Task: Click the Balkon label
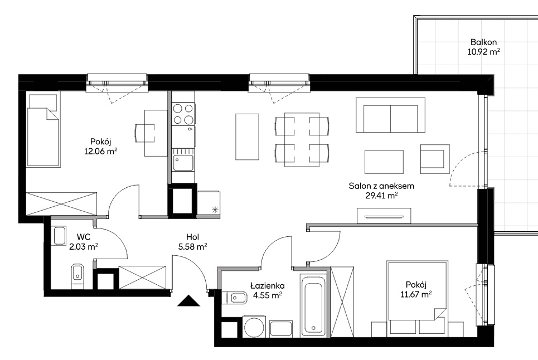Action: pyautogui.click(x=483, y=42)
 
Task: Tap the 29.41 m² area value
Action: pyautogui.click(x=382, y=196)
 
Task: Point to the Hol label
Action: pyautogui.click(x=193, y=237)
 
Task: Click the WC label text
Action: pyautogui.click(x=84, y=237)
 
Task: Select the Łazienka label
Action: pyautogui.click(x=267, y=285)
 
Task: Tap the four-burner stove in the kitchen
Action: pyautogui.click(x=183, y=114)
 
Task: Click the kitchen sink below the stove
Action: pyautogui.click(x=183, y=162)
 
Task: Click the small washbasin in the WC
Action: pyautogui.click(x=59, y=236)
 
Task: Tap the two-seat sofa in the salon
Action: pyautogui.click(x=390, y=115)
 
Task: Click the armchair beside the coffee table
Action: pyautogui.click(x=435, y=159)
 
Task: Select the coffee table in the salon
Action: pyautogui.click(x=384, y=162)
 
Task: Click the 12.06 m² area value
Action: pyautogui.click(x=101, y=151)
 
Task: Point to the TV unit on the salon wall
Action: pyautogui.click(x=384, y=216)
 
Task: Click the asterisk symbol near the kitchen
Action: pyautogui.click(x=215, y=210)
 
